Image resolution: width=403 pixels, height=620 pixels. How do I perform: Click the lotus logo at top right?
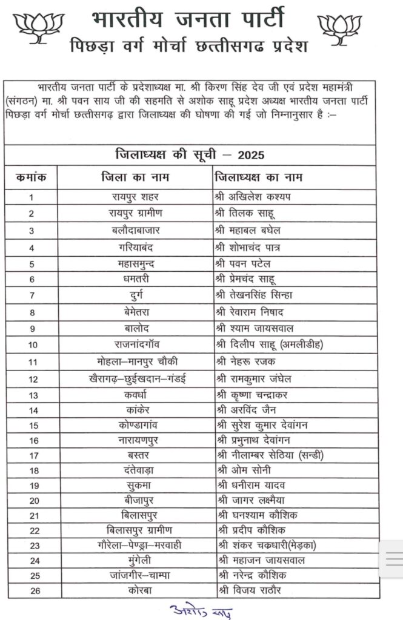(340, 28)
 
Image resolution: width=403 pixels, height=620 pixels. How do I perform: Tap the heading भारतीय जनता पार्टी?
(188, 18)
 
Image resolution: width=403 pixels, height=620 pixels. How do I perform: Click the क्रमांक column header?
(32, 177)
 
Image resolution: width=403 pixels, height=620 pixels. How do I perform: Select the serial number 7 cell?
(32, 295)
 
